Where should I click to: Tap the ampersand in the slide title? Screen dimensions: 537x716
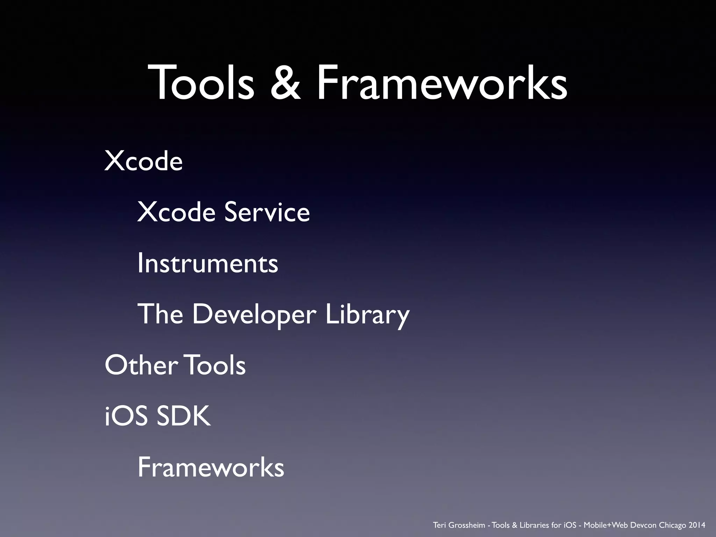tap(285, 83)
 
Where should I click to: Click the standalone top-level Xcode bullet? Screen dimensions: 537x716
tap(143, 161)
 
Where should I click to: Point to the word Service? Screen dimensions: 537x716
tap(267, 212)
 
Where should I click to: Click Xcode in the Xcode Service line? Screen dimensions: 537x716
tap(176, 212)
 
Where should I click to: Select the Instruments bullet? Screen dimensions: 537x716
tap(208, 263)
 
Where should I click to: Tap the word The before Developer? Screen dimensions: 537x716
tap(160, 314)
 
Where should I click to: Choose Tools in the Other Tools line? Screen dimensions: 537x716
tap(216, 365)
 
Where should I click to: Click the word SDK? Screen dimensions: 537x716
tap(184, 416)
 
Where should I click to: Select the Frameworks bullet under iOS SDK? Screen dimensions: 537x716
tap(211, 467)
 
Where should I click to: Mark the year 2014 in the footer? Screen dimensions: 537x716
tap(697, 525)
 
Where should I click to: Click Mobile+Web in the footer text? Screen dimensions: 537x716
tap(602, 525)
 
